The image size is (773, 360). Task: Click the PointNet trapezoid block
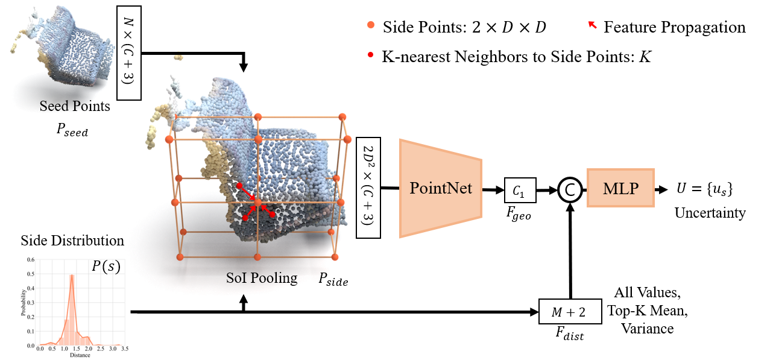440,188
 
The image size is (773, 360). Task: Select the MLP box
620,188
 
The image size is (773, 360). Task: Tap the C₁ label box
519,191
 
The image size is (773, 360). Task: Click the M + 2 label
569,312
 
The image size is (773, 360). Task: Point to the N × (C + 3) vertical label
129,53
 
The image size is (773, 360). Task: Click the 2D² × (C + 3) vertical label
368,185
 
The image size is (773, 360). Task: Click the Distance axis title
80,355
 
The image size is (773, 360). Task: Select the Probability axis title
24,303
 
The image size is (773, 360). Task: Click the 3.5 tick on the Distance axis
125,349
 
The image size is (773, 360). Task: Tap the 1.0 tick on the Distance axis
64,349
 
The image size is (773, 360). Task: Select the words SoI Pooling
262,278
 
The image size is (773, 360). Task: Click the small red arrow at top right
593,25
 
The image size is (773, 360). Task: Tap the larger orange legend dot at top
371,25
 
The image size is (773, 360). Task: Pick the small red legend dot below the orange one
371,55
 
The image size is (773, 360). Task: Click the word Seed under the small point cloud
53,106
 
